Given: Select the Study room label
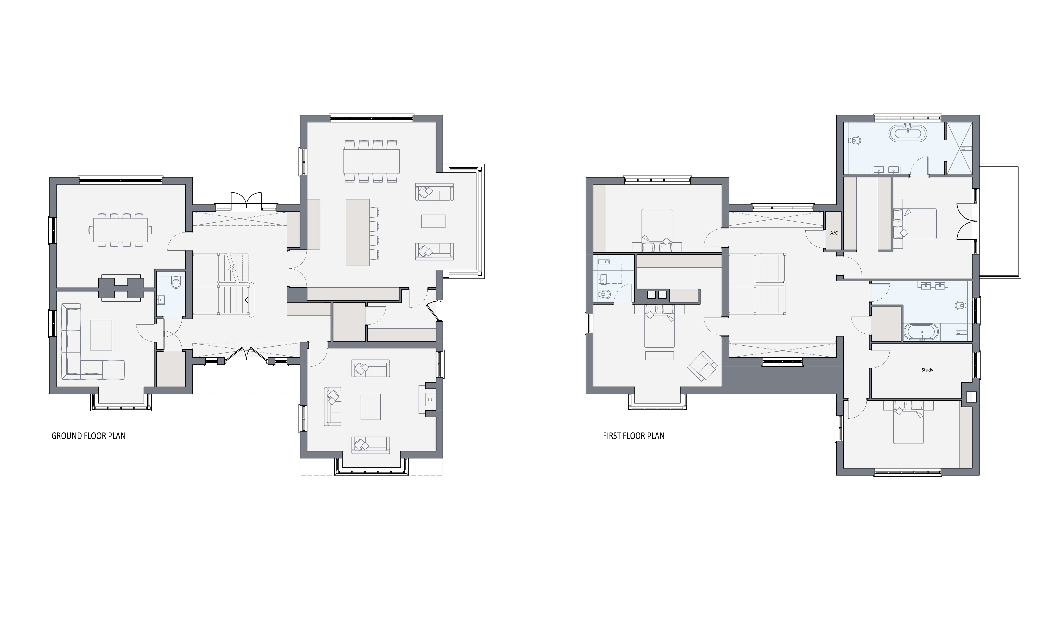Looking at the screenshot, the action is tap(927, 370).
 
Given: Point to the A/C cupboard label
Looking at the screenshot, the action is tap(834, 233).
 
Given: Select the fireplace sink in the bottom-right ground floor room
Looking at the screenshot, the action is tap(430, 399).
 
